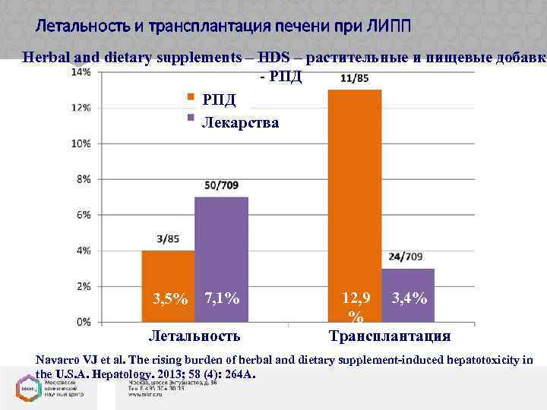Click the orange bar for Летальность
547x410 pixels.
168,285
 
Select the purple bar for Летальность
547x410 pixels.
221,258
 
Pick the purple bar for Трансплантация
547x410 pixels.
408,294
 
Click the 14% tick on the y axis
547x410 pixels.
82,72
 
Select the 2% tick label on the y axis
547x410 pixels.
84,286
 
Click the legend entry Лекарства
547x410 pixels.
239,122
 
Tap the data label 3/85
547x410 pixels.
169,239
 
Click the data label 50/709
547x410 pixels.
221,185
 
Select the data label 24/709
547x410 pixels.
406,257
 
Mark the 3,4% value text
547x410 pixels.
409,299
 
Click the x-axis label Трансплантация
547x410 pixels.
389,336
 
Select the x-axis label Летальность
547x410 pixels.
194,336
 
